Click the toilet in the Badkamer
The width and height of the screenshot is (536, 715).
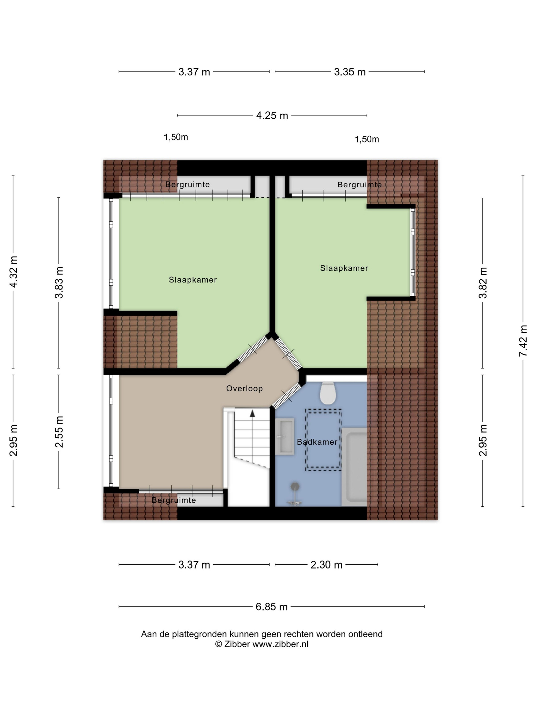click(328, 393)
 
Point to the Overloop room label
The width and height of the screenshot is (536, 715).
click(244, 388)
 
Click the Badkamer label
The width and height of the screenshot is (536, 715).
click(317, 442)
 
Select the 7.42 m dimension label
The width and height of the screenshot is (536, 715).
click(523, 341)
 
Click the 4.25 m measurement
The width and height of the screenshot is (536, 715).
click(272, 115)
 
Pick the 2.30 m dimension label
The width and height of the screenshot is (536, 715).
click(326, 565)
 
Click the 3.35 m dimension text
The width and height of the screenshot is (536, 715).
click(350, 72)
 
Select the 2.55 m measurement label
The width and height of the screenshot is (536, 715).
click(59, 432)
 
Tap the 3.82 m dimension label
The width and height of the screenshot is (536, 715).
click(483, 282)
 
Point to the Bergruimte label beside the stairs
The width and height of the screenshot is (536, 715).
click(174, 500)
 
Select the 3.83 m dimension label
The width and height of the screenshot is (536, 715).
click(59, 282)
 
